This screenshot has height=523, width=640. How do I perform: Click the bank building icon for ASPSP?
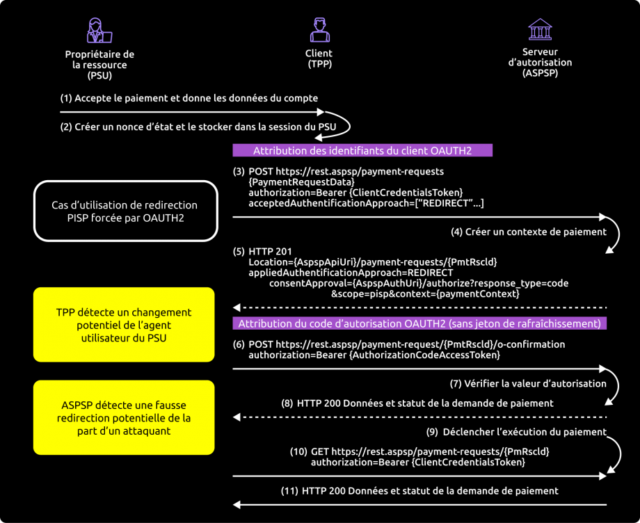[540, 30]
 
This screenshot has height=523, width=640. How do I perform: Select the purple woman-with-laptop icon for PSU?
[99, 31]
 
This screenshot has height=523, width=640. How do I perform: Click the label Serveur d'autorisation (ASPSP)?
[540, 62]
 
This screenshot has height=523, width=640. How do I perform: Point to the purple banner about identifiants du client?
[362, 150]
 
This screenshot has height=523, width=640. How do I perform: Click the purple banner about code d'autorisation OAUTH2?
[420, 323]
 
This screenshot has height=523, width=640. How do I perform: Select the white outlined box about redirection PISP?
[124, 211]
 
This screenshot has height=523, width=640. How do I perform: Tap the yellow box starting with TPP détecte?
[124, 324]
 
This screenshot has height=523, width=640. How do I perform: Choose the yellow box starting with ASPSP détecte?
[124, 417]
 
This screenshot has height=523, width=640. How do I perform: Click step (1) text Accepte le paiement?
[189, 98]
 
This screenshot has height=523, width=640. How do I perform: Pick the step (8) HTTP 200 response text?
[417, 403]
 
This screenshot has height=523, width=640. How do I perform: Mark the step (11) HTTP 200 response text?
[419, 490]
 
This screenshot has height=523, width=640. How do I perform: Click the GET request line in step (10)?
[419, 451]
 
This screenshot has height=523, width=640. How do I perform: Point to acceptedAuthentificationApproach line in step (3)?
[366, 203]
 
